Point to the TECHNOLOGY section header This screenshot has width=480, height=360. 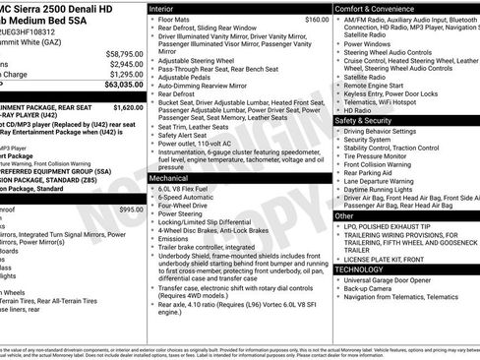[365, 269]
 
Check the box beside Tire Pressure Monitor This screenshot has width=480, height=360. [336, 155]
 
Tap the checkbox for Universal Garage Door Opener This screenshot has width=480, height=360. [336, 280]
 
